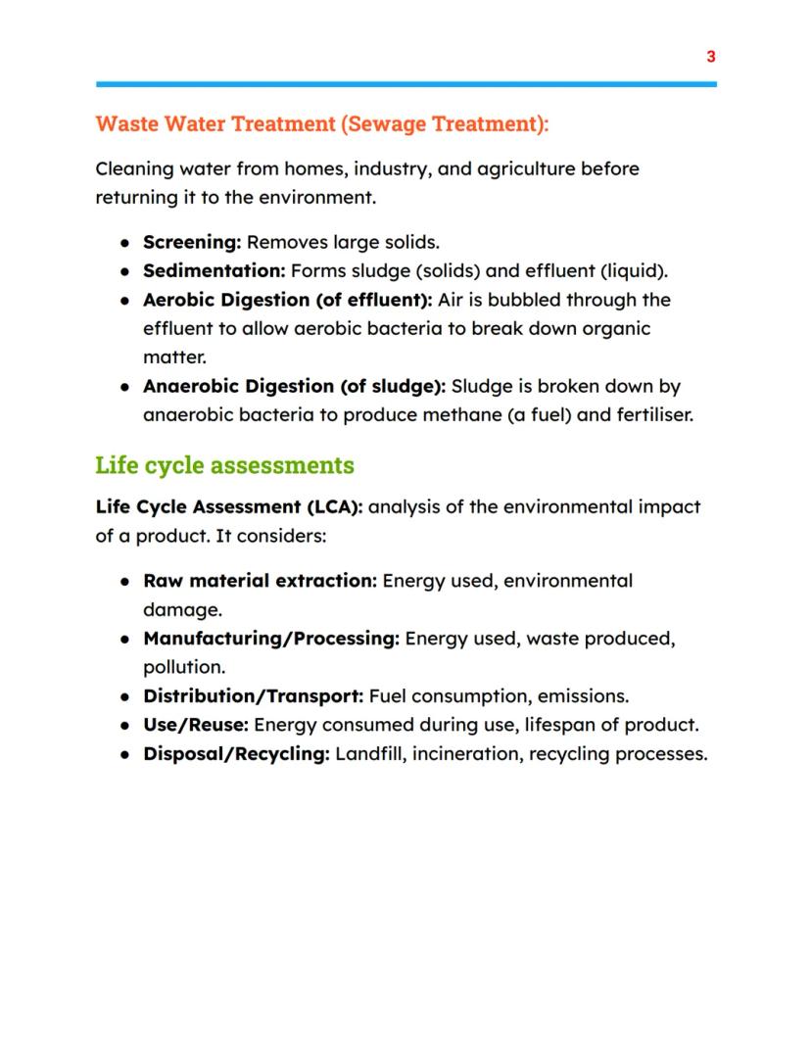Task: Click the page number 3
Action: (x=711, y=57)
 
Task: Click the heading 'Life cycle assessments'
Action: (x=224, y=464)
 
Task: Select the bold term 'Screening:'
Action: (x=192, y=242)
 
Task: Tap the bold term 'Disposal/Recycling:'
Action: (x=236, y=754)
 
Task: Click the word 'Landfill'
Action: (x=368, y=754)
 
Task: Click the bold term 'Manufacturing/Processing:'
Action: (x=271, y=639)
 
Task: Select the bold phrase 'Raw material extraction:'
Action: (x=260, y=581)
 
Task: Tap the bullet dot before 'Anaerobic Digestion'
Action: (x=125, y=387)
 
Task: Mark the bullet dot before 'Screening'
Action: (x=125, y=243)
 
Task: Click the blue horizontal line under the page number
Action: (x=405, y=84)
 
